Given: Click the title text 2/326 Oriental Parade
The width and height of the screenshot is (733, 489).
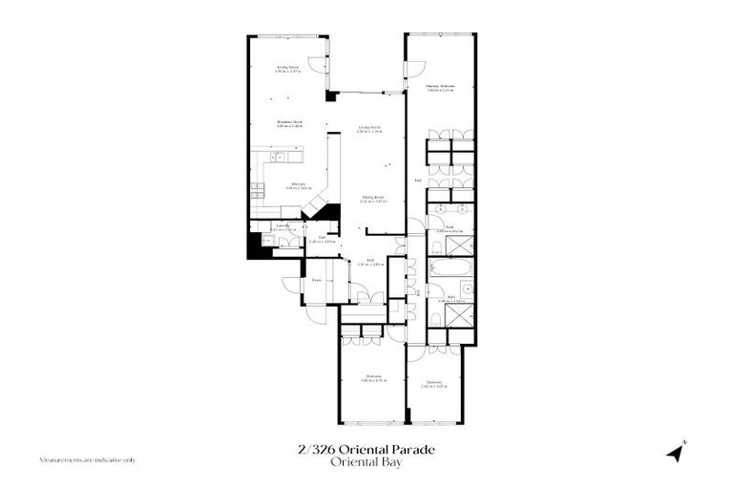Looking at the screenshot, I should click(366, 449).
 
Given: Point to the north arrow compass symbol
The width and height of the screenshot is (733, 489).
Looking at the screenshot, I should click(677, 451).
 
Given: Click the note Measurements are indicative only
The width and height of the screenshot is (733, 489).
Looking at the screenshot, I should click(87, 459).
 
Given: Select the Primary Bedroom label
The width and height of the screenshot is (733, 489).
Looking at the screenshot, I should click(440, 88).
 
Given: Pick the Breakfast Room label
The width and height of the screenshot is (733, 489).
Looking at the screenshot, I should click(289, 122).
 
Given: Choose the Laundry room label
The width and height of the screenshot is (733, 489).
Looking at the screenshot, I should click(283, 227).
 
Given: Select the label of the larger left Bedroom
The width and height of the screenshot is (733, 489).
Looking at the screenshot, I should click(373, 378).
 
